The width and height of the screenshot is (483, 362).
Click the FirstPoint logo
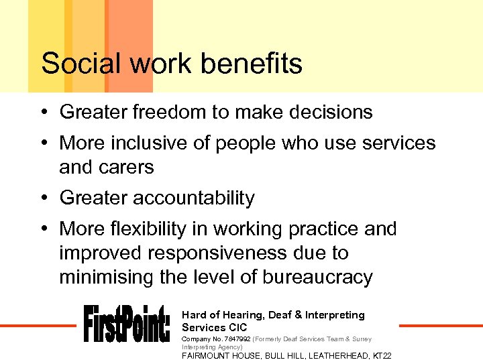pos(127,323)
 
